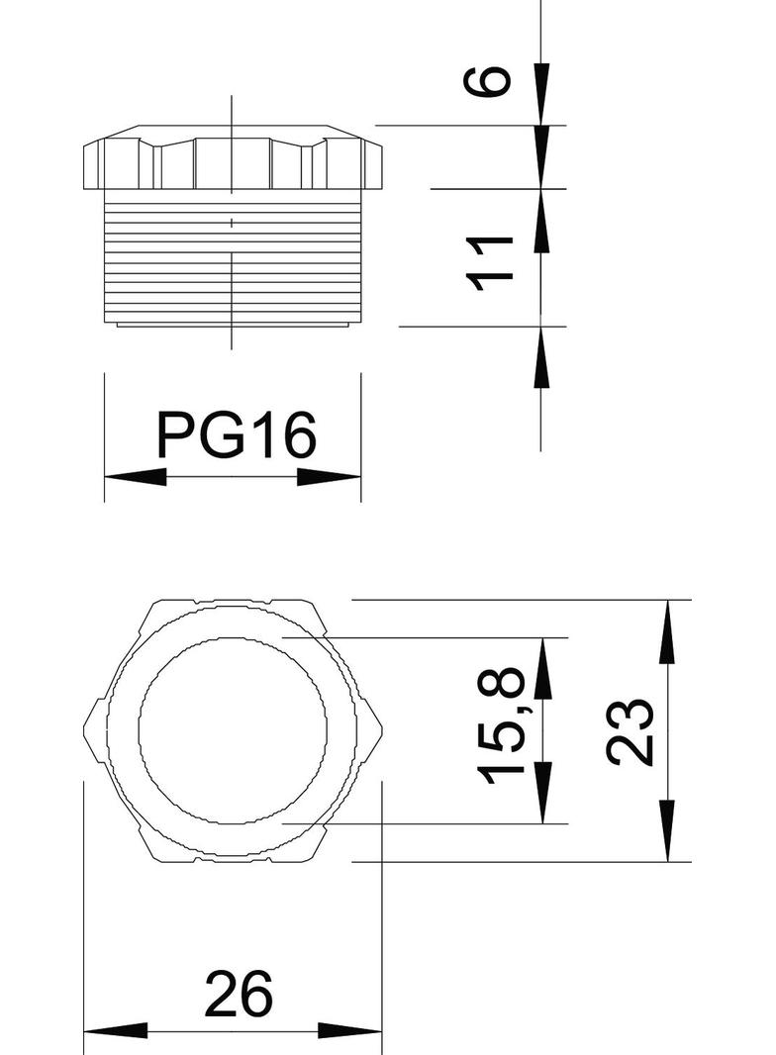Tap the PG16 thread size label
[236, 435]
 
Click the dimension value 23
[630, 731]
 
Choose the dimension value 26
[238, 995]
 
